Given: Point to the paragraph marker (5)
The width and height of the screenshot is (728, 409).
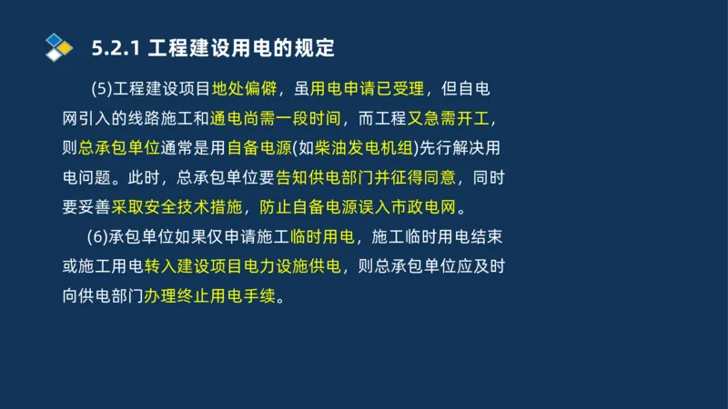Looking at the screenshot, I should pos(103,89).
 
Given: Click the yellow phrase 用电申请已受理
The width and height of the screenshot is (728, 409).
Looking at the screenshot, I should pos(368,89).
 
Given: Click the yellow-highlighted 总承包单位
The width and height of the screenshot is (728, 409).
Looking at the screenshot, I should pos(120,148).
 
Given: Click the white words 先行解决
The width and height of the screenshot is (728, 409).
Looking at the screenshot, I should pos(450,148).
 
